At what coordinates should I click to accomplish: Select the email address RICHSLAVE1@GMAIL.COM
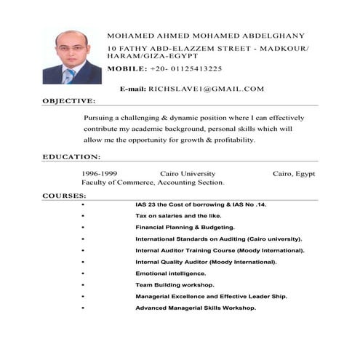pyautogui.click(x=206, y=89)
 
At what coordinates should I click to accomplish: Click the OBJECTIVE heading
pyautogui.click(x=68, y=100)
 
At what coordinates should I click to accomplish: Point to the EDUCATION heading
pyautogui.click(x=71, y=156)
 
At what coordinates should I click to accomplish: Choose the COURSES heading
pyautogui.click(x=65, y=196)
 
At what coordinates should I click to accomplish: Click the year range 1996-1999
pyautogui.click(x=100, y=174)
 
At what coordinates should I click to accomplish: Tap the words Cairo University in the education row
pyautogui.click(x=187, y=174)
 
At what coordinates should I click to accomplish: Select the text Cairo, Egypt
pyautogui.click(x=294, y=174)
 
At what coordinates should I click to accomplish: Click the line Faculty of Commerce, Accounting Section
pyautogui.click(x=153, y=183)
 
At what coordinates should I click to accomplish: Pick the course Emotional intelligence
pyautogui.click(x=171, y=273)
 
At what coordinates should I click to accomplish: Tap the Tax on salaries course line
pyautogui.click(x=178, y=216)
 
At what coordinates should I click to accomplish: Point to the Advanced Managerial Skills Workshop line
pyautogui.click(x=196, y=308)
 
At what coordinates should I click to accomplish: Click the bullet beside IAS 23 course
pyautogui.click(x=85, y=205)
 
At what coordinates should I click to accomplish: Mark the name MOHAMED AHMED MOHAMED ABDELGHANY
pyautogui.click(x=205, y=35)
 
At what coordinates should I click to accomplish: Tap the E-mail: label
pyautogui.click(x=133, y=89)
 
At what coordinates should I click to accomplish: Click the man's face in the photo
pyautogui.click(x=71, y=49)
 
